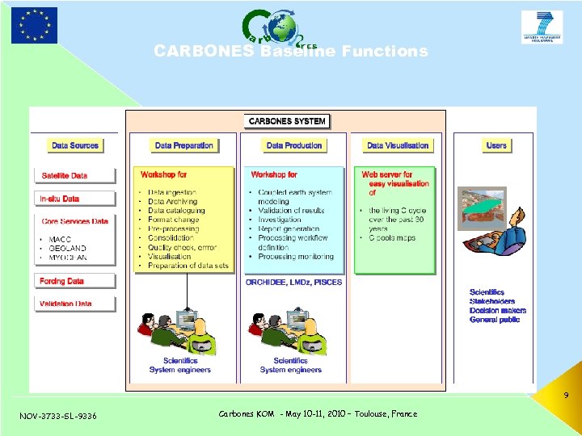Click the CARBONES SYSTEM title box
tap(287, 121)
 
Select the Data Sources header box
tap(74, 145)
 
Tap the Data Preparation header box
tap(184, 145)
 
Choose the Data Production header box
tap(294, 145)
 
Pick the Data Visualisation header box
tap(398, 145)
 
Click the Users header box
tap(496, 145)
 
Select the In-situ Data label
tap(60, 199)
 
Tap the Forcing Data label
tap(61, 281)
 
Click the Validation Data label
tap(65, 304)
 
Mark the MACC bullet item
tap(61, 239)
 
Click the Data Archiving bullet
tap(176, 202)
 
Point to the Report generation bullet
tap(289, 228)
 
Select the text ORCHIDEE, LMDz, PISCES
tap(293, 283)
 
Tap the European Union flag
tap(34, 25)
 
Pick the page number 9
tap(566, 396)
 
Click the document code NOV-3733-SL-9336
tap(57, 416)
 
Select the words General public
tap(495, 320)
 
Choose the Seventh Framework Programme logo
tap(542, 27)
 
